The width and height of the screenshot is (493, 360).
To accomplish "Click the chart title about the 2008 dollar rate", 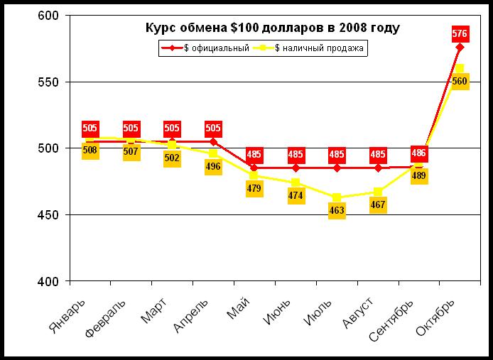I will coord(272,28).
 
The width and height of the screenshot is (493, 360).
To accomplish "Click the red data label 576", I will coord(460,33).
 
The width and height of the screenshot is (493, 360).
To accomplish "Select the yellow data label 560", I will coord(460,82).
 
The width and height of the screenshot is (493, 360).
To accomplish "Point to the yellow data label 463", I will coord(337,211).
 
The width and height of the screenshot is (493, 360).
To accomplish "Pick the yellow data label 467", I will coord(378,205).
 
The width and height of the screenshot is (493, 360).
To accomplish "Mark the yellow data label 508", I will coord(90,150).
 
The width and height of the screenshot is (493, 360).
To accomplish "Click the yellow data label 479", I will coord(254,188).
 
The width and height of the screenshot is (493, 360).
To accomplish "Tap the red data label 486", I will coord(419,153).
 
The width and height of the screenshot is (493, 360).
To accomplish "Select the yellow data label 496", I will coord(213,167).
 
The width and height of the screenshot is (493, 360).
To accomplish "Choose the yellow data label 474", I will coord(296,195).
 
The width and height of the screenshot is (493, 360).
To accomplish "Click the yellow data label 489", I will coord(419,176).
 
